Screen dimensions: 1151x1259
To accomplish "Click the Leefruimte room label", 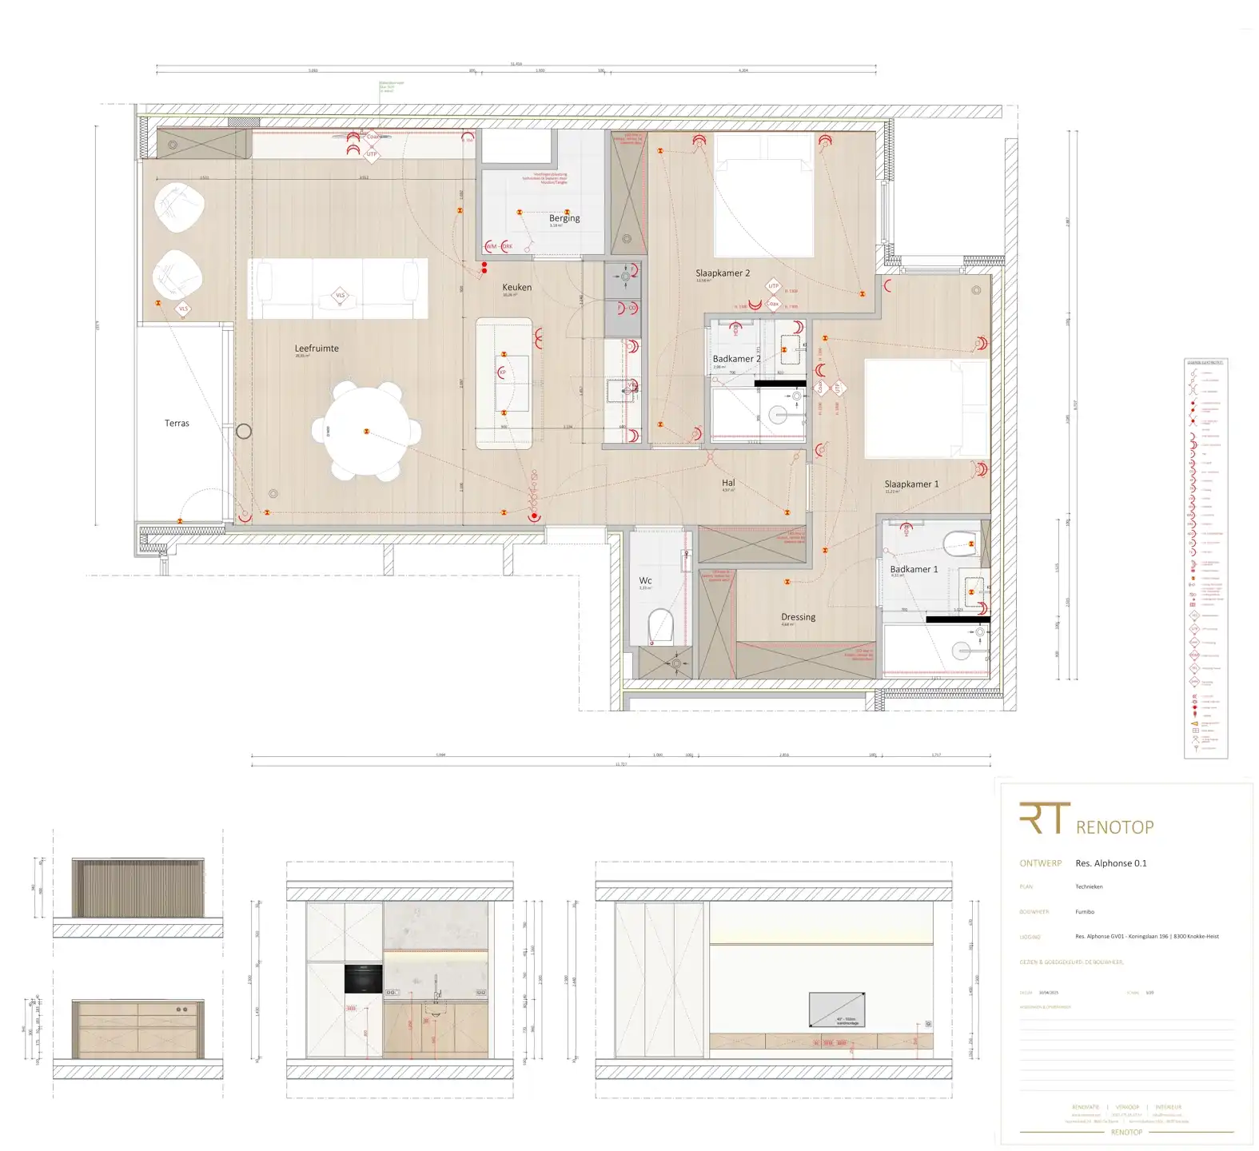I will tap(317, 348).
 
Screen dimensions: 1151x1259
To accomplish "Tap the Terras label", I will tap(177, 424).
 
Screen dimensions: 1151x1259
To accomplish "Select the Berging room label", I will tap(564, 218).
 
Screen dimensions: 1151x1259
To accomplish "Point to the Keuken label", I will tap(516, 288).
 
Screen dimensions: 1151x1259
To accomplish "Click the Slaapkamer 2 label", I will tap(723, 273).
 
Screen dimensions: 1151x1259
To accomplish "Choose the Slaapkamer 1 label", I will tap(911, 484).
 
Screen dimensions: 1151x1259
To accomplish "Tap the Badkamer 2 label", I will tap(736, 359).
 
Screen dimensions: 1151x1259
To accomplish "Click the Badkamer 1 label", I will tap(914, 570).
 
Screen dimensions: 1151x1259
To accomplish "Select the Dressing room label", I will tap(798, 617).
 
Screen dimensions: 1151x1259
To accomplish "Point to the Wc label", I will tap(645, 581).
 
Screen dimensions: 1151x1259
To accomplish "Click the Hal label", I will tap(728, 483).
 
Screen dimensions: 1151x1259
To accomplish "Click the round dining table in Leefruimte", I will tap(367, 431).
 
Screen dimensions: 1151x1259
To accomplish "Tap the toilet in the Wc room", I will tap(661, 626).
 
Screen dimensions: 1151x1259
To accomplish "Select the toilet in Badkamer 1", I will tap(959, 544).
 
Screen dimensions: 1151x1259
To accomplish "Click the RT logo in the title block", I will tap(1044, 818).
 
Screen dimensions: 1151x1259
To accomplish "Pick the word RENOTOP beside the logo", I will tap(1114, 827).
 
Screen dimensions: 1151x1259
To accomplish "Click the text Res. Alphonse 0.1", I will tap(1110, 863).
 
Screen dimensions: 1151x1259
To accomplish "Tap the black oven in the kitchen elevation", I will tap(363, 978).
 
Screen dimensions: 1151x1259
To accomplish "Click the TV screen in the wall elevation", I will tap(836, 1010).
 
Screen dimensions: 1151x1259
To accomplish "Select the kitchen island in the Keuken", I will tap(504, 383).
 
